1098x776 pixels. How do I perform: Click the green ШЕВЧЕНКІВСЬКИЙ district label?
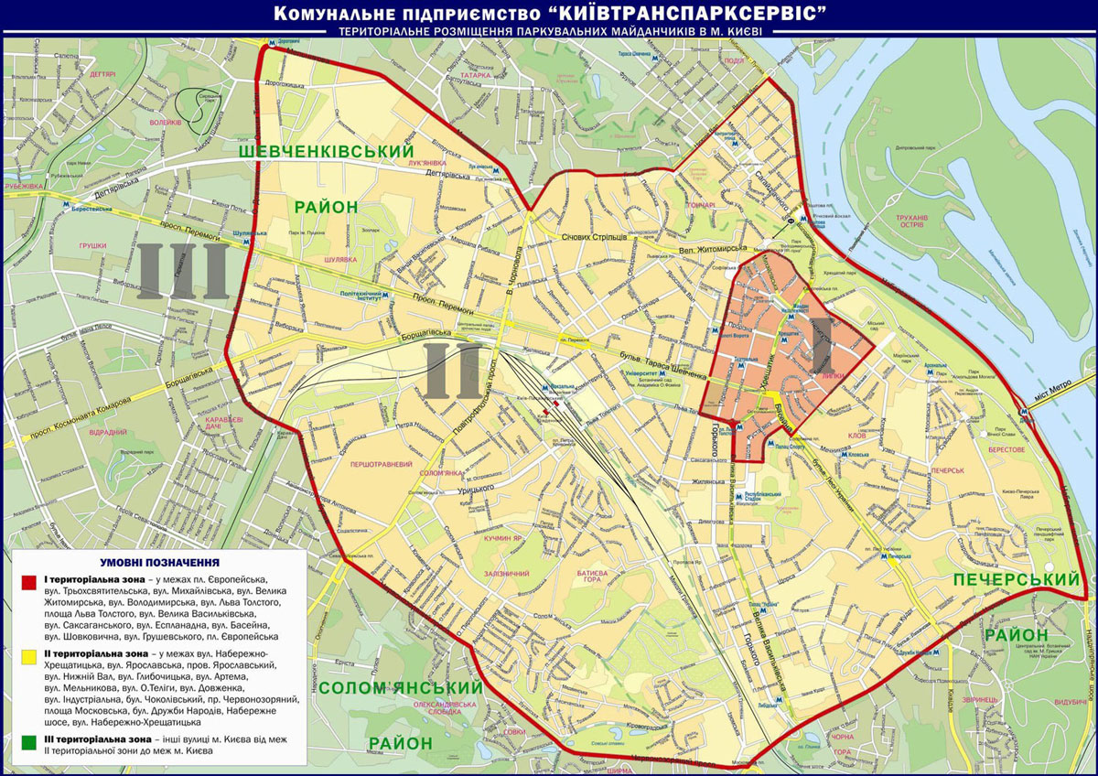pyautogui.click(x=326, y=150)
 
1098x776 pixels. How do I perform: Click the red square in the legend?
pyautogui.click(x=29, y=581)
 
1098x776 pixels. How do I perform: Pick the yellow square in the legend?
pyautogui.click(x=29, y=656)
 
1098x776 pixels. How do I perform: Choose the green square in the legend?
pyautogui.click(x=29, y=737)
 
